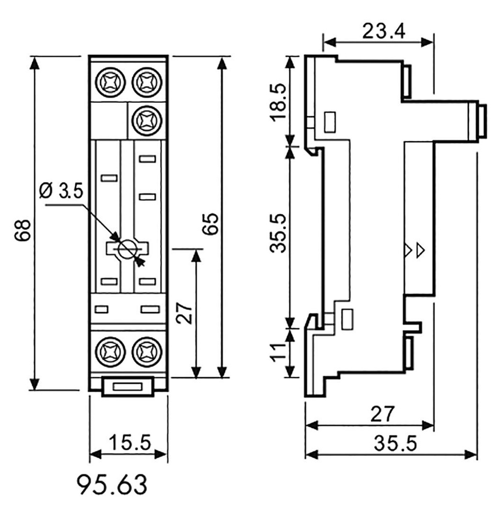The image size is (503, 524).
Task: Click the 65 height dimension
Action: click(x=211, y=224)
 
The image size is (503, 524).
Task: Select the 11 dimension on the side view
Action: click(x=279, y=353)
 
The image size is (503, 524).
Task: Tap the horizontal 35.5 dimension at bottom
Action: click(x=395, y=443)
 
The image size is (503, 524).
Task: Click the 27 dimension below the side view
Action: click(x=383, y=414)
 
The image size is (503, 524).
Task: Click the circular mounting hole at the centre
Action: click(x=126, y=249)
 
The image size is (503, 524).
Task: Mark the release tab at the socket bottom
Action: click(x=128, y=386)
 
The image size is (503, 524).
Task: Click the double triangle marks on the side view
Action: click(x=414, y=250)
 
